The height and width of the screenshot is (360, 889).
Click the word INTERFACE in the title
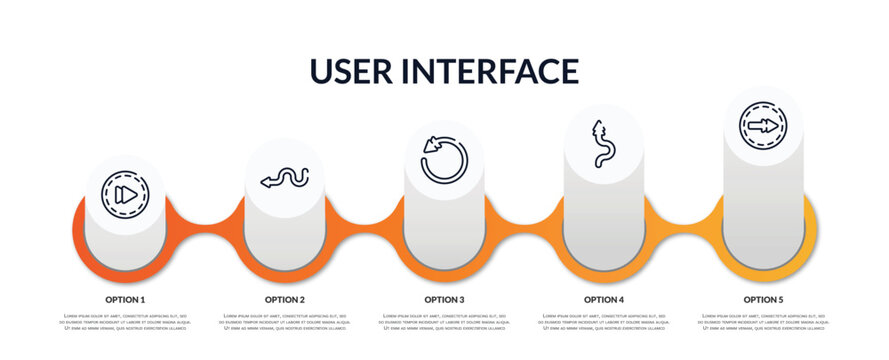point(493,71)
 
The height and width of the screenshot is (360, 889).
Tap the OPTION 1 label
point(125,299)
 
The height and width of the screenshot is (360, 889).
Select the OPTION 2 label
point(285,299)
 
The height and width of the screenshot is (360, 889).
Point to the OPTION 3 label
point(444,299)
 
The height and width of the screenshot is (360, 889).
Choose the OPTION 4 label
point(604,299)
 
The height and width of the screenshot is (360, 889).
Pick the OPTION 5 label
point(763,299)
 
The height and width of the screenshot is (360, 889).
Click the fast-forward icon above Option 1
point(125,194)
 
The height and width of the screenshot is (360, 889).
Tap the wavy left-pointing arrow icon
point(285,179)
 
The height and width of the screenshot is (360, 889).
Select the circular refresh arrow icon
point(444,160)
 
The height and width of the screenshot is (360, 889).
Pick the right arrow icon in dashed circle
point(763,126)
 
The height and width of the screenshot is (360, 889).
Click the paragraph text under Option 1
point(125,322)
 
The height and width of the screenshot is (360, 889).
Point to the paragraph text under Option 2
point(285,322)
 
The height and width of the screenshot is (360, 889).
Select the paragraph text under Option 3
point(444,322)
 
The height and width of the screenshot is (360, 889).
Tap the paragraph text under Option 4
point(604,322)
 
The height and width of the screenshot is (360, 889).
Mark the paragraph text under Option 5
point(763,322)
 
